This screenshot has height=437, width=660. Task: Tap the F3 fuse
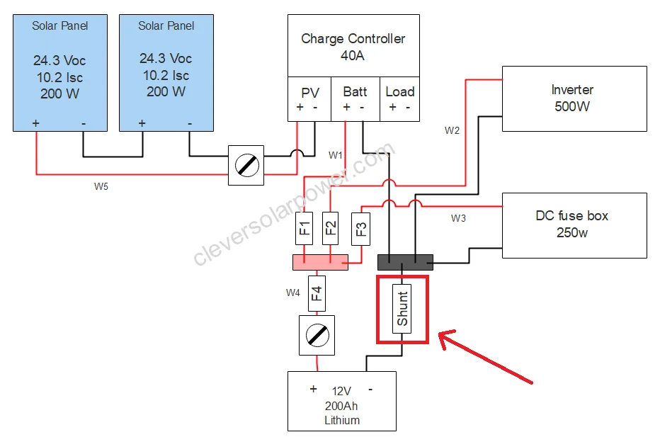pyautogui.click(x=361, y=229)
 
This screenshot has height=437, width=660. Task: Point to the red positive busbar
pyautogui.click(x=320, y=262)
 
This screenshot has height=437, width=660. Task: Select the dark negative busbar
pyautogui.click(x=406, y=262)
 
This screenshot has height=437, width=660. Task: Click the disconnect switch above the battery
pyautogui.click(x=317, y=334)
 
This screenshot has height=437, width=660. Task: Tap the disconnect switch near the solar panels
pyautogui.click(x=246, y=165)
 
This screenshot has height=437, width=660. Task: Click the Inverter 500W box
pyautogui.click(x=574, y=98)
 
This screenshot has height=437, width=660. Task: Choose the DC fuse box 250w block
pyautogui.click(x=574, y=225)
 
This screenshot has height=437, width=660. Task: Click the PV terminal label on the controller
pyautogui.click(x=310, y=92)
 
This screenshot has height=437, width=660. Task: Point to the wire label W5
pyautogui.click(x=102, y=187)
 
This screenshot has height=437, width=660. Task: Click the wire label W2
pyautogui.click(x=452, y=130)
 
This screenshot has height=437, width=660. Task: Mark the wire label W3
pyautogui.click(x=458, y=218)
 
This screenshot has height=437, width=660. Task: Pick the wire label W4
pyautogui.click(x=293, y=292)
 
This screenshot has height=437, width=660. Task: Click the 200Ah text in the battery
pyautogui.click(x=342, y=405)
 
